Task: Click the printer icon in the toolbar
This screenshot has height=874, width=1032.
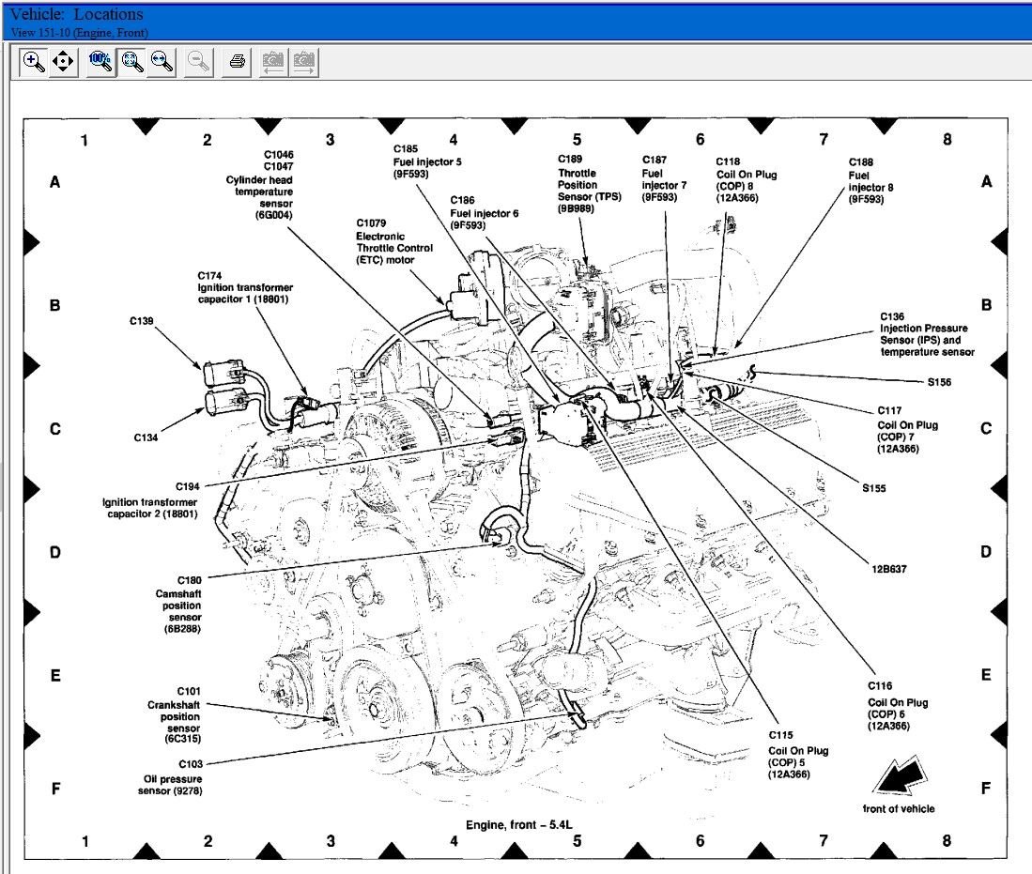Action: pos(237,62)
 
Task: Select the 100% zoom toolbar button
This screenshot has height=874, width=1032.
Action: pos(100,62)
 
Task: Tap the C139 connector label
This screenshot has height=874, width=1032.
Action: pos(142,321)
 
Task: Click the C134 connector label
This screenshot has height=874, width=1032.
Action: pos(146,437)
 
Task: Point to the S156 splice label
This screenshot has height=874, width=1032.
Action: pos(939,382)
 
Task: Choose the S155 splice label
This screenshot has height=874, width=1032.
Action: pos(874,488)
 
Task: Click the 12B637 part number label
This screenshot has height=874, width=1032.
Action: pos(889,569)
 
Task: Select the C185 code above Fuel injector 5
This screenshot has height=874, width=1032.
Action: pos(406,148)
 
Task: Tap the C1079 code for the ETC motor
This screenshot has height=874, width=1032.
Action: pos(371,223)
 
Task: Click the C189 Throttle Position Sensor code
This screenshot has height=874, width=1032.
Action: pos(570,159)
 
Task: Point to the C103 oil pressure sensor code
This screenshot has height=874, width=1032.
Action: pos(191,764)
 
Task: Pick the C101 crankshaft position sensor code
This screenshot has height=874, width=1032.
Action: pos(189,691)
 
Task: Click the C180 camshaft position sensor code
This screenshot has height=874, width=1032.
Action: pos(190,580)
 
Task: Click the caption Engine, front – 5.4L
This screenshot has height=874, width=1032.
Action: pos(519,824)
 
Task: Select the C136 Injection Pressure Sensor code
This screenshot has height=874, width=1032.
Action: pos(892,316)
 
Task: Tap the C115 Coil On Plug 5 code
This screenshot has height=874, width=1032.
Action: pos(780,735)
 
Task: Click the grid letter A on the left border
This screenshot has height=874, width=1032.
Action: pos(55,181)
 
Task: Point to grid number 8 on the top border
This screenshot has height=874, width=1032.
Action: pos(947,139)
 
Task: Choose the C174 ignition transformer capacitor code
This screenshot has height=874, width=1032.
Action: pos(210,276)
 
